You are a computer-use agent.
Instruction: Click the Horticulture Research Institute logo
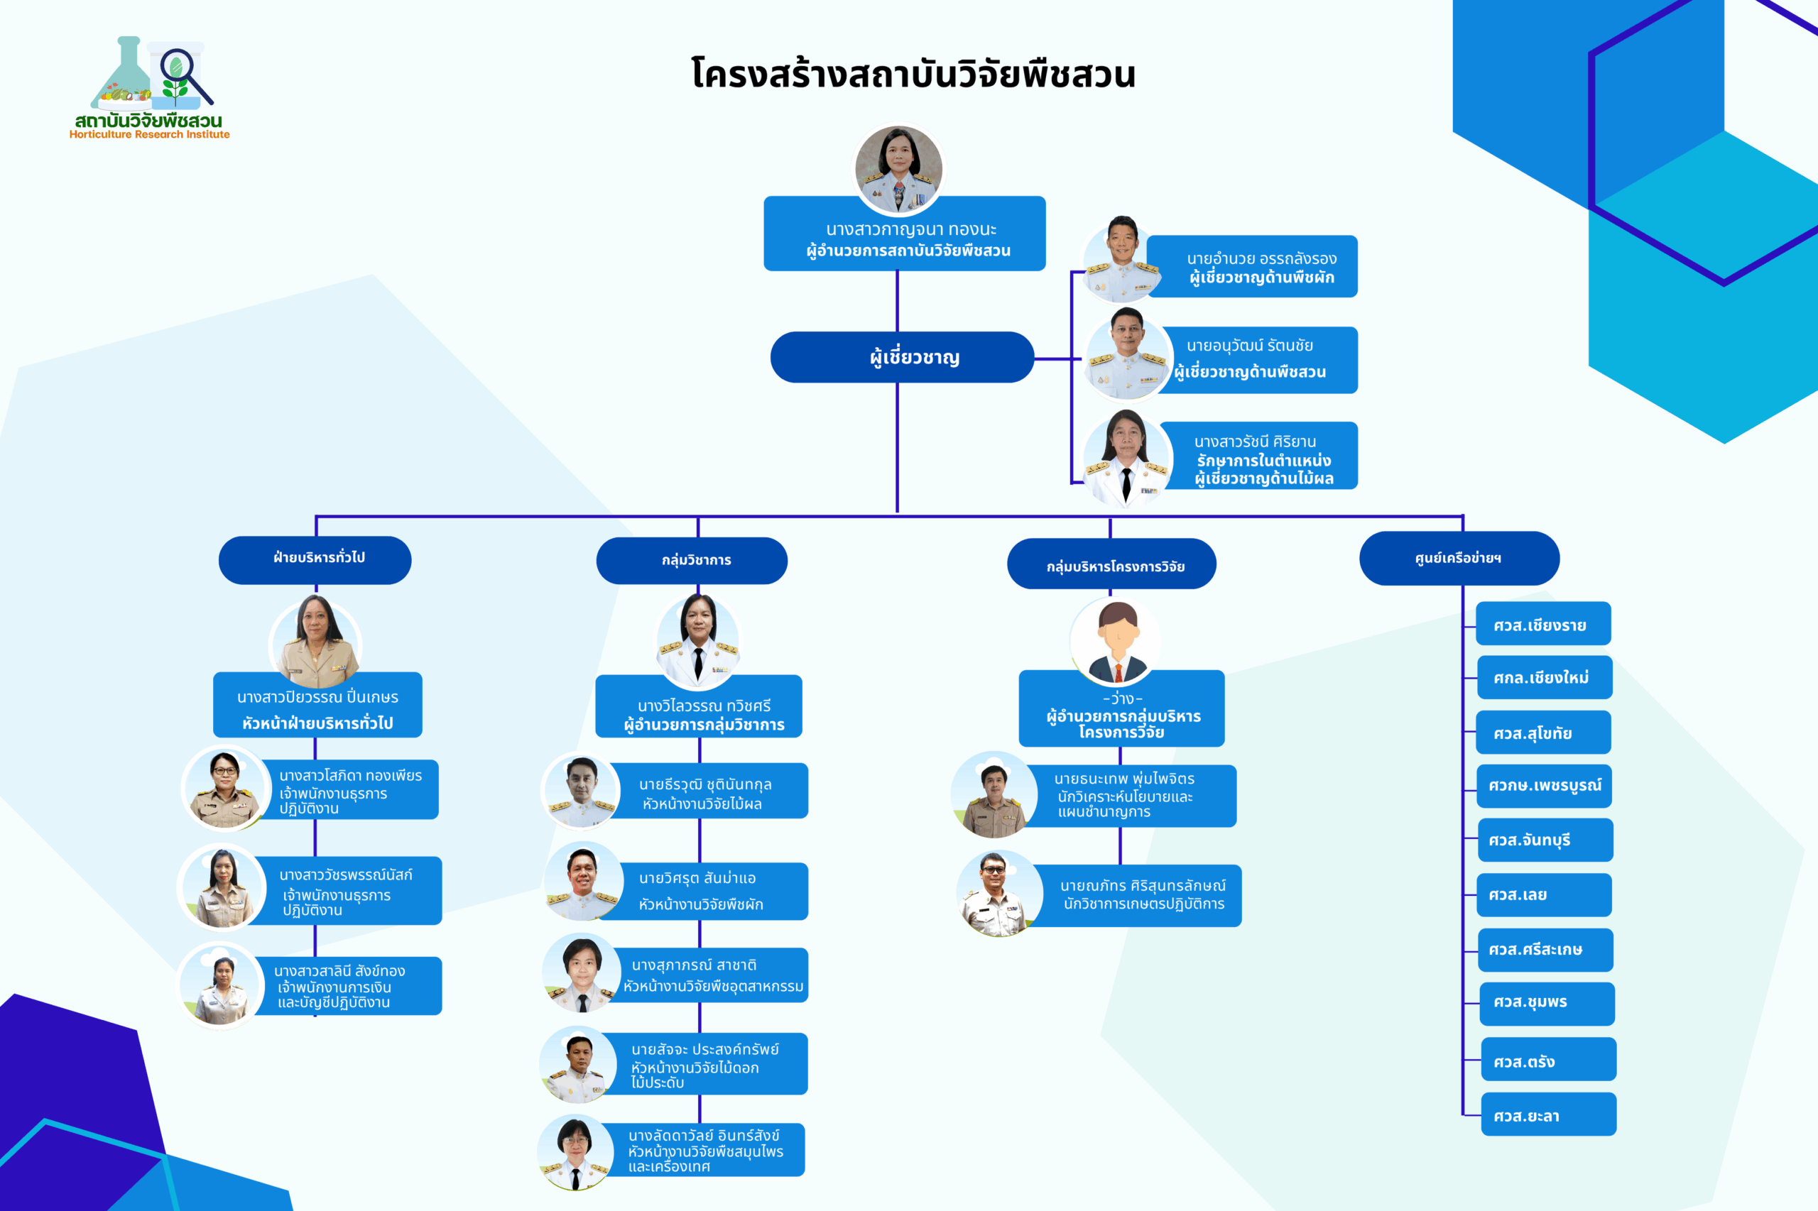click(150, 87)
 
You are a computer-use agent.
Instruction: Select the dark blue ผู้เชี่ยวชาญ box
click(902, 357)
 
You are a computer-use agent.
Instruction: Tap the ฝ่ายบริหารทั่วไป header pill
click(315, 560)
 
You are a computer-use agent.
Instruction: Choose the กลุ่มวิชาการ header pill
click(692, 561)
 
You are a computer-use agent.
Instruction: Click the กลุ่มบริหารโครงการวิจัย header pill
click(1111, 564)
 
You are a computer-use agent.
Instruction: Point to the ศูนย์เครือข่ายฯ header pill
click(1459, 559)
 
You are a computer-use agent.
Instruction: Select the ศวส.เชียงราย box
click(1543, 623)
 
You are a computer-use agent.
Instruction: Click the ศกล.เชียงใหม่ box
click(1544, 677)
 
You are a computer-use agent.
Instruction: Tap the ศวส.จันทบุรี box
click(1545, 840)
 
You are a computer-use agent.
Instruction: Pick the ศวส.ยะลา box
click(1548, 1114)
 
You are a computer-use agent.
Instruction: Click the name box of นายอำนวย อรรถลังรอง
click(1252, 266)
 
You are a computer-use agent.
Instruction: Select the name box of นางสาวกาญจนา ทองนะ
click(905, 234)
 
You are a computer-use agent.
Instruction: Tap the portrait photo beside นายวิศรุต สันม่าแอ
click(583, 881)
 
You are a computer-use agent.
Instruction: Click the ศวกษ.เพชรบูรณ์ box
click(1545, 787)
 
